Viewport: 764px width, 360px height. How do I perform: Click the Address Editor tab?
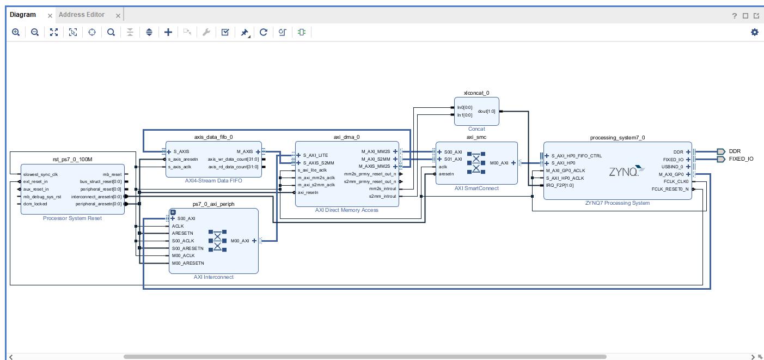(82, 15)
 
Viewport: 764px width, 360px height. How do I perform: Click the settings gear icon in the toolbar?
(754, 32)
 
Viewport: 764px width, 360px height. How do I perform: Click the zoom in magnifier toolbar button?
(16, 32)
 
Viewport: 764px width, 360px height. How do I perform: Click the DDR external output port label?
(734, 151)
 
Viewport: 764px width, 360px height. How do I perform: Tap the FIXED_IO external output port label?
(741, 159)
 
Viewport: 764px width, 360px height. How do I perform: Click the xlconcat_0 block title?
(476, 93)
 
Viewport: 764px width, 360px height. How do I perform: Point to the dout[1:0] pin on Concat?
(487, 111)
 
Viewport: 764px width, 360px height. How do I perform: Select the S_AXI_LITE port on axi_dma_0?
(315, 155)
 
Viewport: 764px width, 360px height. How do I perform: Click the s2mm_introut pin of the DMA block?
(382, 196)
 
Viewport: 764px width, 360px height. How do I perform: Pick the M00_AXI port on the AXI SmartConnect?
(499, 163)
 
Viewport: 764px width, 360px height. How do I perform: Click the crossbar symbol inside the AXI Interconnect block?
(217, 241)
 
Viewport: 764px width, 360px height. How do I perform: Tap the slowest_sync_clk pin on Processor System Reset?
(40, 174)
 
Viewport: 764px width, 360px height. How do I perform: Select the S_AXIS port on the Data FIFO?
(181, 151)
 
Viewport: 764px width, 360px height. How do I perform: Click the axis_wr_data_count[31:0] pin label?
(233, 160)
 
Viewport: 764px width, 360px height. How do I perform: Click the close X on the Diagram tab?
(50, 15)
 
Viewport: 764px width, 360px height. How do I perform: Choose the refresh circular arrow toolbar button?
(264, 32)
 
